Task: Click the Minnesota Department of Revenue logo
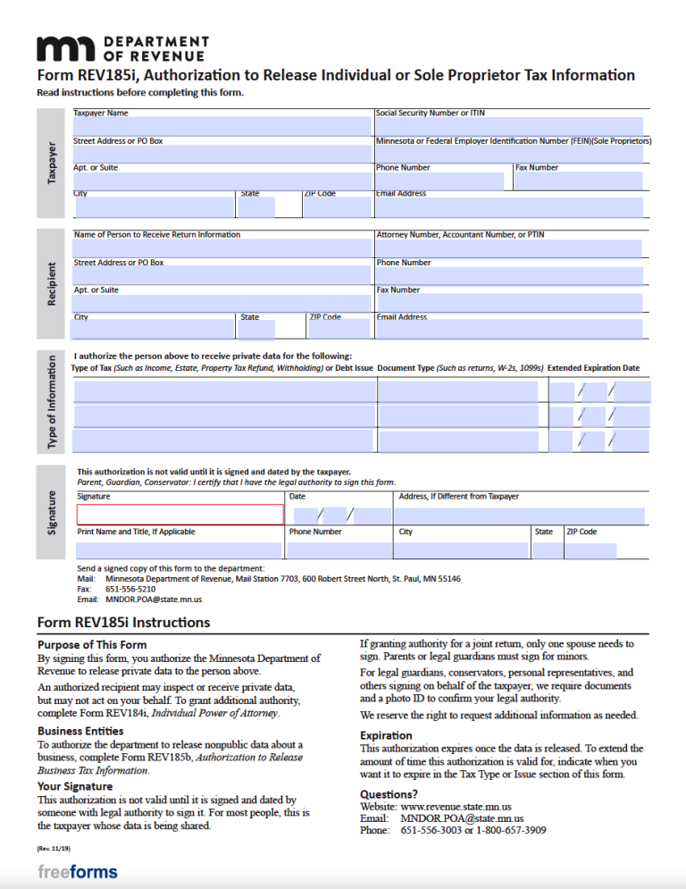(x=121, y=48)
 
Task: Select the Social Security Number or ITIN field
(x=508, y=127)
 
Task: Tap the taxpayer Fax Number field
(x=578, y=181)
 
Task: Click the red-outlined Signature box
(x=180, y=515)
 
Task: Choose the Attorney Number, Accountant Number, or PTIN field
(x=508, y=248)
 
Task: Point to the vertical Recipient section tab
(x=52, y=284)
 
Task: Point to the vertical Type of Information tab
(x=52, y=402)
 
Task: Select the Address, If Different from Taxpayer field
(x=521, y=516)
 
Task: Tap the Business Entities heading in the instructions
(x=80, y=730)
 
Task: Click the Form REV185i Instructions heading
(x=123, y=622)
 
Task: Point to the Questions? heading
(x=389, y=793)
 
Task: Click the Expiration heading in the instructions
(x=386, y=735)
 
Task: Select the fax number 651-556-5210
(x=130, y=590)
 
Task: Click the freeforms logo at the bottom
(x=78, y=871)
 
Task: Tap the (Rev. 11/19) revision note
(x=54, y=847)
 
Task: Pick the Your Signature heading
(x=74, y=786)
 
